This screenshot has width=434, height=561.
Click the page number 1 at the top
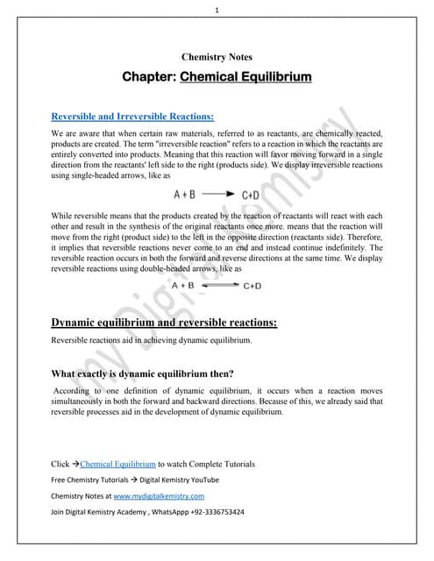tap(217, 10)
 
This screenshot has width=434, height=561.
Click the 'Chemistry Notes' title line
tap(217, 57)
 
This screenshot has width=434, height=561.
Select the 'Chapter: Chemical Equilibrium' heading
tap(217, 77)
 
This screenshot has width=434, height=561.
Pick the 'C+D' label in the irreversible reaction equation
tap(250, 194)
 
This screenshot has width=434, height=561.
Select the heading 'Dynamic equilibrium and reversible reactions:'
tap(165, 323)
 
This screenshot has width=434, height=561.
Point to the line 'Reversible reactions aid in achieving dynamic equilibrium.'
tap(152, 340)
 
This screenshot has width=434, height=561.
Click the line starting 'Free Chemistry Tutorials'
tap(136, 479)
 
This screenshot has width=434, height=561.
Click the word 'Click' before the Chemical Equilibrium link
tap(60, 463)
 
